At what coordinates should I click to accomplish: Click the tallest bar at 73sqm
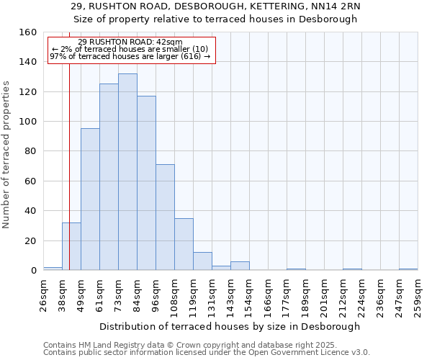pos(127,172)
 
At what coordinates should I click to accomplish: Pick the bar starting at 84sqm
pos(146,183)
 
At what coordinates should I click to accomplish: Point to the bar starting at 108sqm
pos(184,244)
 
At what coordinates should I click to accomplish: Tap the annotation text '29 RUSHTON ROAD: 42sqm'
pos(130,42)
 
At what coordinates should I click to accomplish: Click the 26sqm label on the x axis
pos(43,294)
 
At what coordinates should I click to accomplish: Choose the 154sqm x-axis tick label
pos(249,294)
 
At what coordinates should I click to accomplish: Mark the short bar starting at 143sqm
pos(240,266)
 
